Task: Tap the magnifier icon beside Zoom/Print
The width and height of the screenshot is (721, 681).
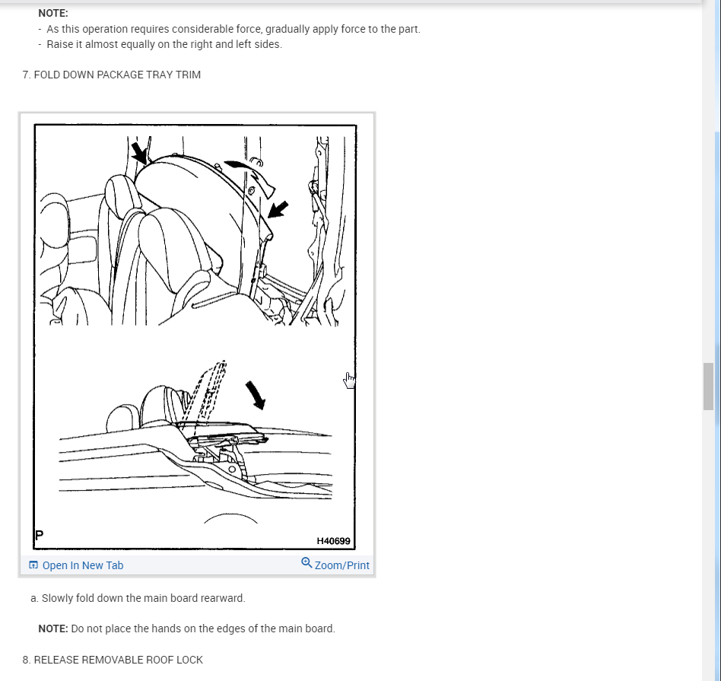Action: tap(307, 563)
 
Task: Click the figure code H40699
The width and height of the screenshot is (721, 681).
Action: tap(333, 541)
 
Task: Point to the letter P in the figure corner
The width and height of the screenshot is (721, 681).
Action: tap(39, 535)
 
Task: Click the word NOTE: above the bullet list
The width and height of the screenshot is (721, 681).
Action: tap(53, 14)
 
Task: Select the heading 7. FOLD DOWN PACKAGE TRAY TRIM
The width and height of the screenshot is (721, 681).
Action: tap(111, 75)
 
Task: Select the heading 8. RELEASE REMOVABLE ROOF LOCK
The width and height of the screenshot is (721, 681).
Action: tap(113, 660)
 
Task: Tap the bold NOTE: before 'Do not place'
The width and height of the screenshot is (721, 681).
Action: tap(53, 628)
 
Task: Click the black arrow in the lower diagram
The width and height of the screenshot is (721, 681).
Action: tap(256, 395)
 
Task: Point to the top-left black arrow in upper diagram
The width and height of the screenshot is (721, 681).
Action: tap(139, 153)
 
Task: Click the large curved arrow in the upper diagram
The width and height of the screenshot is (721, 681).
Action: tap(251, 176)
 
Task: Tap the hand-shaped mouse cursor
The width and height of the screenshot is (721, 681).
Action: tap(349, 380)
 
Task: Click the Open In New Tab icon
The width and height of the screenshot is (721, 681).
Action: tap(33, 565)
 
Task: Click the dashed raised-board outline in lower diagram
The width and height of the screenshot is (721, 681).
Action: tap(209, 396)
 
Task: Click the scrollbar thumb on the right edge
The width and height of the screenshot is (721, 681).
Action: tap(707, 386)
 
